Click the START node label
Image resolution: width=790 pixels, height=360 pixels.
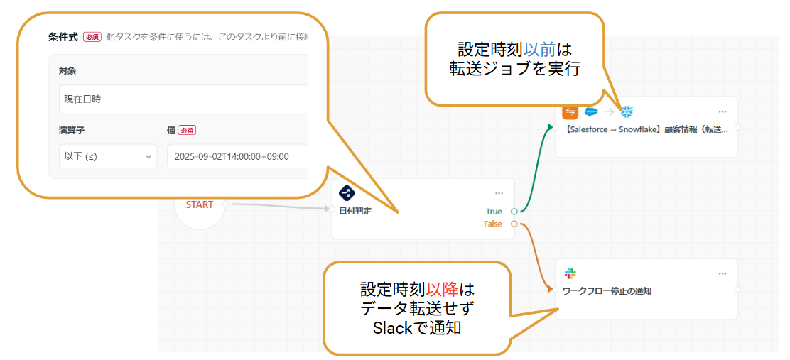(199, 204)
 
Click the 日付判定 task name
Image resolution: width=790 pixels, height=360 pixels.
(356, 212)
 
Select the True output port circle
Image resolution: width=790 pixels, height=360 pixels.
(514, 212)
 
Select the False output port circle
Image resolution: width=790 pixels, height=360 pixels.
(514, 224)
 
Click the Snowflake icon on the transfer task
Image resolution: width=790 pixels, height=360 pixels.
(627, 111)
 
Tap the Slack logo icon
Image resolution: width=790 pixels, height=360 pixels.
(570, 273)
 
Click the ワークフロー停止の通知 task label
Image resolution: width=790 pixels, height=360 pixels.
(607, 290)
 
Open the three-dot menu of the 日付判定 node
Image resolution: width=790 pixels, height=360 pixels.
(499, 193)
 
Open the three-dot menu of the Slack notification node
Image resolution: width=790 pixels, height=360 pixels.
(723, 274)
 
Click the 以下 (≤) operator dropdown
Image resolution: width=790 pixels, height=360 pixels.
(108, 156)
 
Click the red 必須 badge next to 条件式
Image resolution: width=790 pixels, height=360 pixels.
(92, 36)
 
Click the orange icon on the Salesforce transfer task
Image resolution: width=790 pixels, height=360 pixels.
(570, 111)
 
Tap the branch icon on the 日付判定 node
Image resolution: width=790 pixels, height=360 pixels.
(347, 193)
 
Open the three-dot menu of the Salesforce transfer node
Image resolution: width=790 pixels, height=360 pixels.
(723, 111)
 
